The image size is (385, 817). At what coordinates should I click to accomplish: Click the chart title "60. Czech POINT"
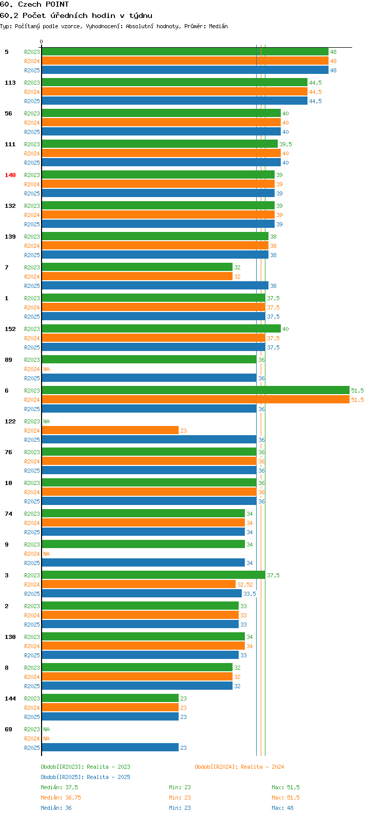(34, 5)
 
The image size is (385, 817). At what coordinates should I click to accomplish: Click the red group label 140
(10, 175)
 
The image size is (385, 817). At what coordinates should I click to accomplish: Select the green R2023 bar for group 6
(196, 390)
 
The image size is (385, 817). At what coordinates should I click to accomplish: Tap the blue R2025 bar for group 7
(155, 285)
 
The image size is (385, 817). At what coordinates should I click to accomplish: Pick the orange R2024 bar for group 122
(110, 431)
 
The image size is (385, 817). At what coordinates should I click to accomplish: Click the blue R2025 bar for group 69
(110, 747)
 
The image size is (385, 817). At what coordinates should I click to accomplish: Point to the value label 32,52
(245, 585)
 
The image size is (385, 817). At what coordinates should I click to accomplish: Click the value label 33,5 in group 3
(249, 594)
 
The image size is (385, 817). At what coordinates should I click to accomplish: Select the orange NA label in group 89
(46, 369)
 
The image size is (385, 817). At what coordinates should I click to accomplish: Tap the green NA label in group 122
(46, 421)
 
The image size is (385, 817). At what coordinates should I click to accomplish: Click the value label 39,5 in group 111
(286, 144)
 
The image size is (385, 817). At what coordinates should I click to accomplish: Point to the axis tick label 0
(41, 42)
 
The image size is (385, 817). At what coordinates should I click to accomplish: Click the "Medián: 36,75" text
(61, 797)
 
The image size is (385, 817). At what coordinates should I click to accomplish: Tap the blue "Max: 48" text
(282, 808)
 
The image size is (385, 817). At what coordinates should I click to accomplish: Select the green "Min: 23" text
(180, 787)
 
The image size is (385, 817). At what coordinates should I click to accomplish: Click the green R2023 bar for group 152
(161, 328)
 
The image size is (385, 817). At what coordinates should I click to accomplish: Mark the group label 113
(10, 83)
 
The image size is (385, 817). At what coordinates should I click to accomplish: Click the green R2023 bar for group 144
(110, 698)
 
